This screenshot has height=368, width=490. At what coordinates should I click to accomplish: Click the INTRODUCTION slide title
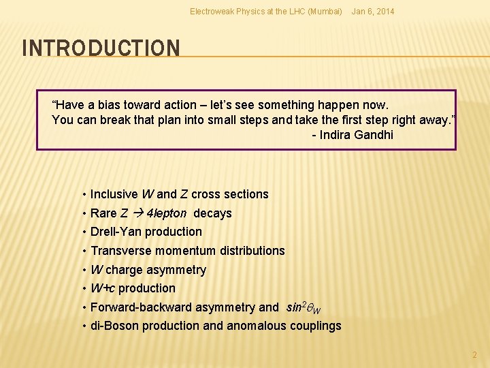[101, 48]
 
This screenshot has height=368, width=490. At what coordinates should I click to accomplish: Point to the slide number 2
[475, 355]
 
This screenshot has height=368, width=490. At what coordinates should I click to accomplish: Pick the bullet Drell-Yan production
[146, 232]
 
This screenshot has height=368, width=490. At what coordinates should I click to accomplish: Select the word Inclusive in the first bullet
[114, 194]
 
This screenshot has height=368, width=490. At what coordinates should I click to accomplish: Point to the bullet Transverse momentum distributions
[187, 251]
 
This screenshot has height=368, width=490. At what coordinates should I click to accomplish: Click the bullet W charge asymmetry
[148, 270]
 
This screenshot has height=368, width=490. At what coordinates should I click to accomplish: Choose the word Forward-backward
[138, 307]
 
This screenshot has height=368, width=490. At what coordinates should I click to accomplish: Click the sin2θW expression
[303, 308]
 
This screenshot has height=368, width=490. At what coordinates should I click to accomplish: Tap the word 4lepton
[167, 213]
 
